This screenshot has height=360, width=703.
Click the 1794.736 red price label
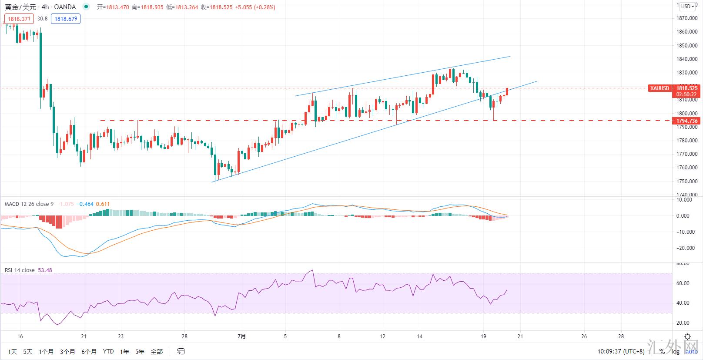[x=687, y=121]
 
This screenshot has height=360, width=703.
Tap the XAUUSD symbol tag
[x=659, y=88]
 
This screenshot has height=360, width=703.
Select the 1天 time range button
[x=13, y=351]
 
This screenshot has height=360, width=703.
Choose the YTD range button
[x=108, y=351]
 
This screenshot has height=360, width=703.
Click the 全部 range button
[x=157, y=351]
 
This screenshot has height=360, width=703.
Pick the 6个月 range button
[x=89, y=351]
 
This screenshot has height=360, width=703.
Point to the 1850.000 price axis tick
[x=687, y=46]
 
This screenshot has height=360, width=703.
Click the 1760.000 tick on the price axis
[x=687, y=168]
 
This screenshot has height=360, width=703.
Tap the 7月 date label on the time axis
[x=242, y=336]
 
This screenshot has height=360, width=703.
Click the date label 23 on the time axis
[x=121, y=336]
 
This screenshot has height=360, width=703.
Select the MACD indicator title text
[x=29, y=204]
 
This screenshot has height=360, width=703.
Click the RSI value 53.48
[x=45, y=270]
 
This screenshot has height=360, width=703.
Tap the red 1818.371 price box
[x=19, y=19]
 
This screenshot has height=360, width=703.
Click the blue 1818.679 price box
[x=66, y=19]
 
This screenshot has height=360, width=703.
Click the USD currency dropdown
[x=688, y=6]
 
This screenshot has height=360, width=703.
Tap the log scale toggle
[x=675, y=351]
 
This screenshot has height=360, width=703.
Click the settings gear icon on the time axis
[x=687, y=336]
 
